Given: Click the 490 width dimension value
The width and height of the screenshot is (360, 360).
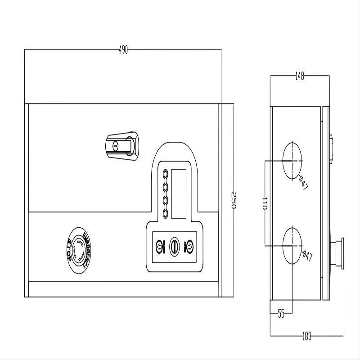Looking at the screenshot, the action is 123,49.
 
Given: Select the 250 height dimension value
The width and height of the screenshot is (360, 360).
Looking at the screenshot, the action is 234,200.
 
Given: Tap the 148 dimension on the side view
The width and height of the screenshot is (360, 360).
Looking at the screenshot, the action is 300,76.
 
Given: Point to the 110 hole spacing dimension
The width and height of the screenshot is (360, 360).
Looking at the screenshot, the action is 265,203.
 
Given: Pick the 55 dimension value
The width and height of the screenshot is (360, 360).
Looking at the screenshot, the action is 281,314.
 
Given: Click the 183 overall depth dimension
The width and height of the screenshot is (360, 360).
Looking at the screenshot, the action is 307,336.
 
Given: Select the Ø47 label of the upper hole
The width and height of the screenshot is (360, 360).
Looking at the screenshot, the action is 303,183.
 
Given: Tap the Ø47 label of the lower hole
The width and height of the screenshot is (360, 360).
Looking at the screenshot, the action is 307,256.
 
